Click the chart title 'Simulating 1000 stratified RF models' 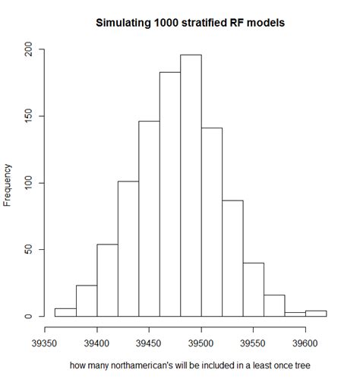coord(189,24)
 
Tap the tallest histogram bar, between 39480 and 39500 coord(191,185)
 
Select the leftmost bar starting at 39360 coord(65,312)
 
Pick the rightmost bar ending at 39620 coord(315,314)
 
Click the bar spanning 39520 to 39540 coord(232,258)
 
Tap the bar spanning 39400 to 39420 coord(107,280)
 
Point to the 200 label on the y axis coord(28,50)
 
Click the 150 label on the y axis coord(28,116)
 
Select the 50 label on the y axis coord(28,250)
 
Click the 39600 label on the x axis coord(305,343)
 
